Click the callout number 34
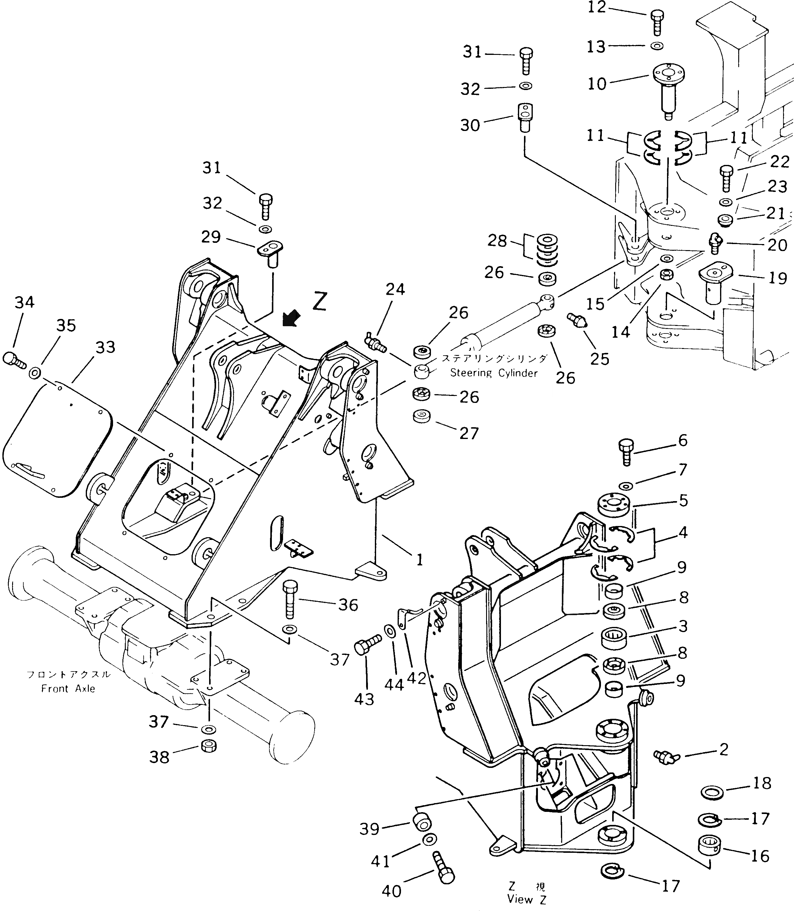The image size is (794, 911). tap(24, 302)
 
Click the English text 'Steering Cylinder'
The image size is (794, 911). tap(494, 373)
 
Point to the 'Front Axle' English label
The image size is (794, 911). tap(68, 688)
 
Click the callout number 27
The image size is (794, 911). tap(469, 433)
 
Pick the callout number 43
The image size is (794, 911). tap(364, 699)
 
